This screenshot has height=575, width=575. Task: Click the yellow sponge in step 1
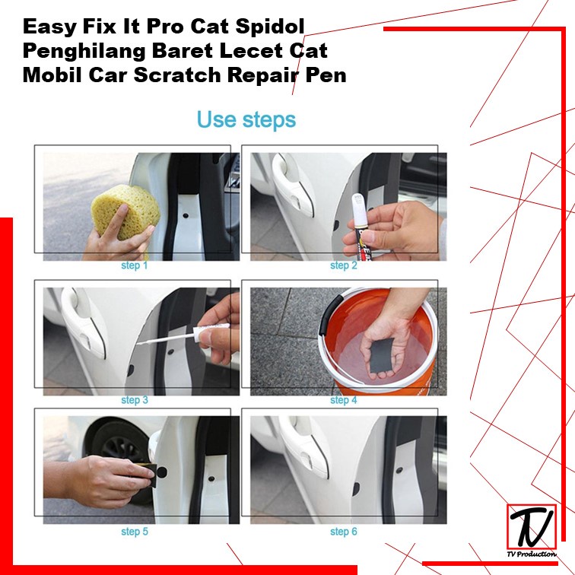pyautogui.click(x=125, y=211)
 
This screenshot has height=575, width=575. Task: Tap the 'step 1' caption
pyautogui.click(x=134, y=265)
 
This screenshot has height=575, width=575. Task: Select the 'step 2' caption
pyautogui.click(x=343, y=265)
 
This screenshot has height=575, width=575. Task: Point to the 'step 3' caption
pyautogui.click(x=135, y=400)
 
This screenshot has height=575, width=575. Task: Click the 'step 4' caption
pyautogui.click(x=343, y=400)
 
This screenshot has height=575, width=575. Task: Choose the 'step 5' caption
pyautogui.click(x=135, y=532)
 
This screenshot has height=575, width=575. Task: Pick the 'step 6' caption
pyautogui.click(x=343, y=532)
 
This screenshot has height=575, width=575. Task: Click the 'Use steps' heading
pyautogui.click(x=246, y=119)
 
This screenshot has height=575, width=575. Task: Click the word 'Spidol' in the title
pyautogui.click(x=270, y=27)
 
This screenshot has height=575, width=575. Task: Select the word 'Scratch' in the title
pyautogui.click(x=177, y=75)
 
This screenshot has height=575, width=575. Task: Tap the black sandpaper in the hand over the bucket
pyautogui.click(x=381, y=354)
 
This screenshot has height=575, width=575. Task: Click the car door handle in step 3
pyautogui.click(x=83, y=322)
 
